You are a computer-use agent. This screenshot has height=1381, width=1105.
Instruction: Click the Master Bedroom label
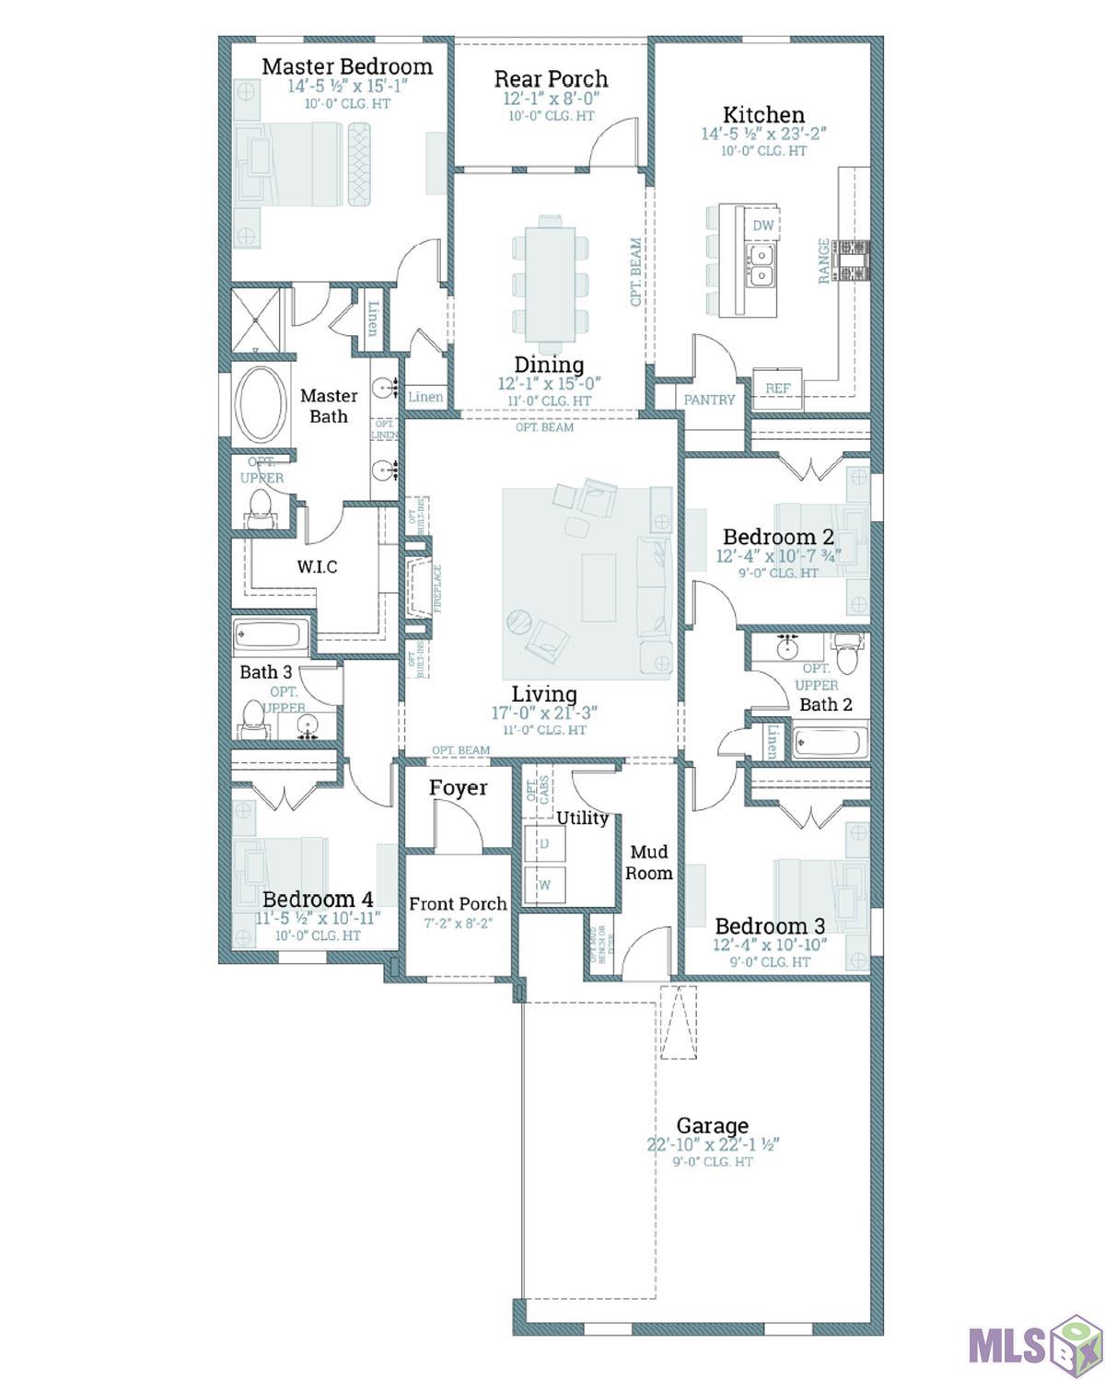pos(347,66)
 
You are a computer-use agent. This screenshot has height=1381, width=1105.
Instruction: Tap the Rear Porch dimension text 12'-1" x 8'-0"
pos(551,99)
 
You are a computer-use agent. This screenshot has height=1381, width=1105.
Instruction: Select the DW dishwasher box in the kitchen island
pos(762,226)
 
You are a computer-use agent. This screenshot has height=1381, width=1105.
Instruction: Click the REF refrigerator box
pos(778,388)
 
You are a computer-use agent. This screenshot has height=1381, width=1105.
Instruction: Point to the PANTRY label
pos(709,400)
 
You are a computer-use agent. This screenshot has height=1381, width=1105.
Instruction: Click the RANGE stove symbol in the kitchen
pos(851,261)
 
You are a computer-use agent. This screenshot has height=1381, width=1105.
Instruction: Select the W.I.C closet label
pos(317,566)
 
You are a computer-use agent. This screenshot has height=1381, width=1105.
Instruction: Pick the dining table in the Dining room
pos(550,274)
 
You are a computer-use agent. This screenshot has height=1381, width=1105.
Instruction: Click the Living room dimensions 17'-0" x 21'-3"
pos(544,713)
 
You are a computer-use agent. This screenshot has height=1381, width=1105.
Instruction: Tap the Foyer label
pos(458,788)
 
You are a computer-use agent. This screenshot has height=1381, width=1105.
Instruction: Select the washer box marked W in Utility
pos(544,885)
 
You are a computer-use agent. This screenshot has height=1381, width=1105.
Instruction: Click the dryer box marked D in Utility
pos(544,843)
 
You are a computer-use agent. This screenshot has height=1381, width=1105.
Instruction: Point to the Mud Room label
pos(649,862)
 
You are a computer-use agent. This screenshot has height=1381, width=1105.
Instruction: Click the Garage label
pos(712,1125)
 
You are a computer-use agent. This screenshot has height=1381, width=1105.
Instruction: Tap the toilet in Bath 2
pos(848,656)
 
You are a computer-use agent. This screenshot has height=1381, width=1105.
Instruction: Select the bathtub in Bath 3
pos(271,636)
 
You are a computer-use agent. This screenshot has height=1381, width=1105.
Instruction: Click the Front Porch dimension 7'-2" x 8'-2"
pos(458,923)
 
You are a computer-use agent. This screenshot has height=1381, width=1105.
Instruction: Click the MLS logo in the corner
pos(1031,1344)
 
